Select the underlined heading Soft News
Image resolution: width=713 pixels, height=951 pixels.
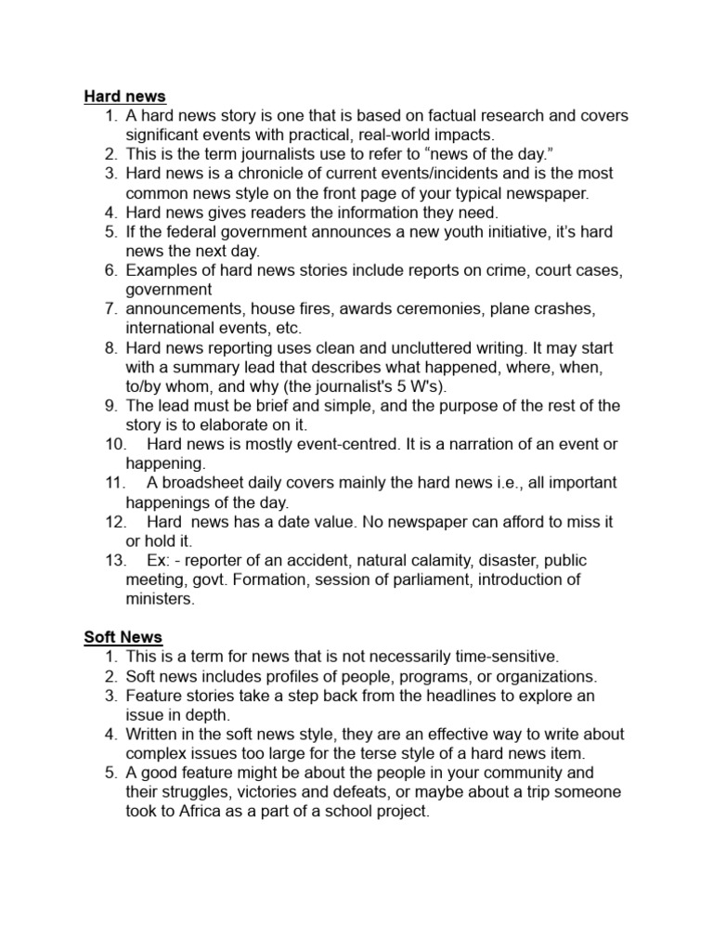coord(123,637)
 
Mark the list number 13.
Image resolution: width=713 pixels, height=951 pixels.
coord(116,560)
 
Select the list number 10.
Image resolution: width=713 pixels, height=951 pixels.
coord(116,444)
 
